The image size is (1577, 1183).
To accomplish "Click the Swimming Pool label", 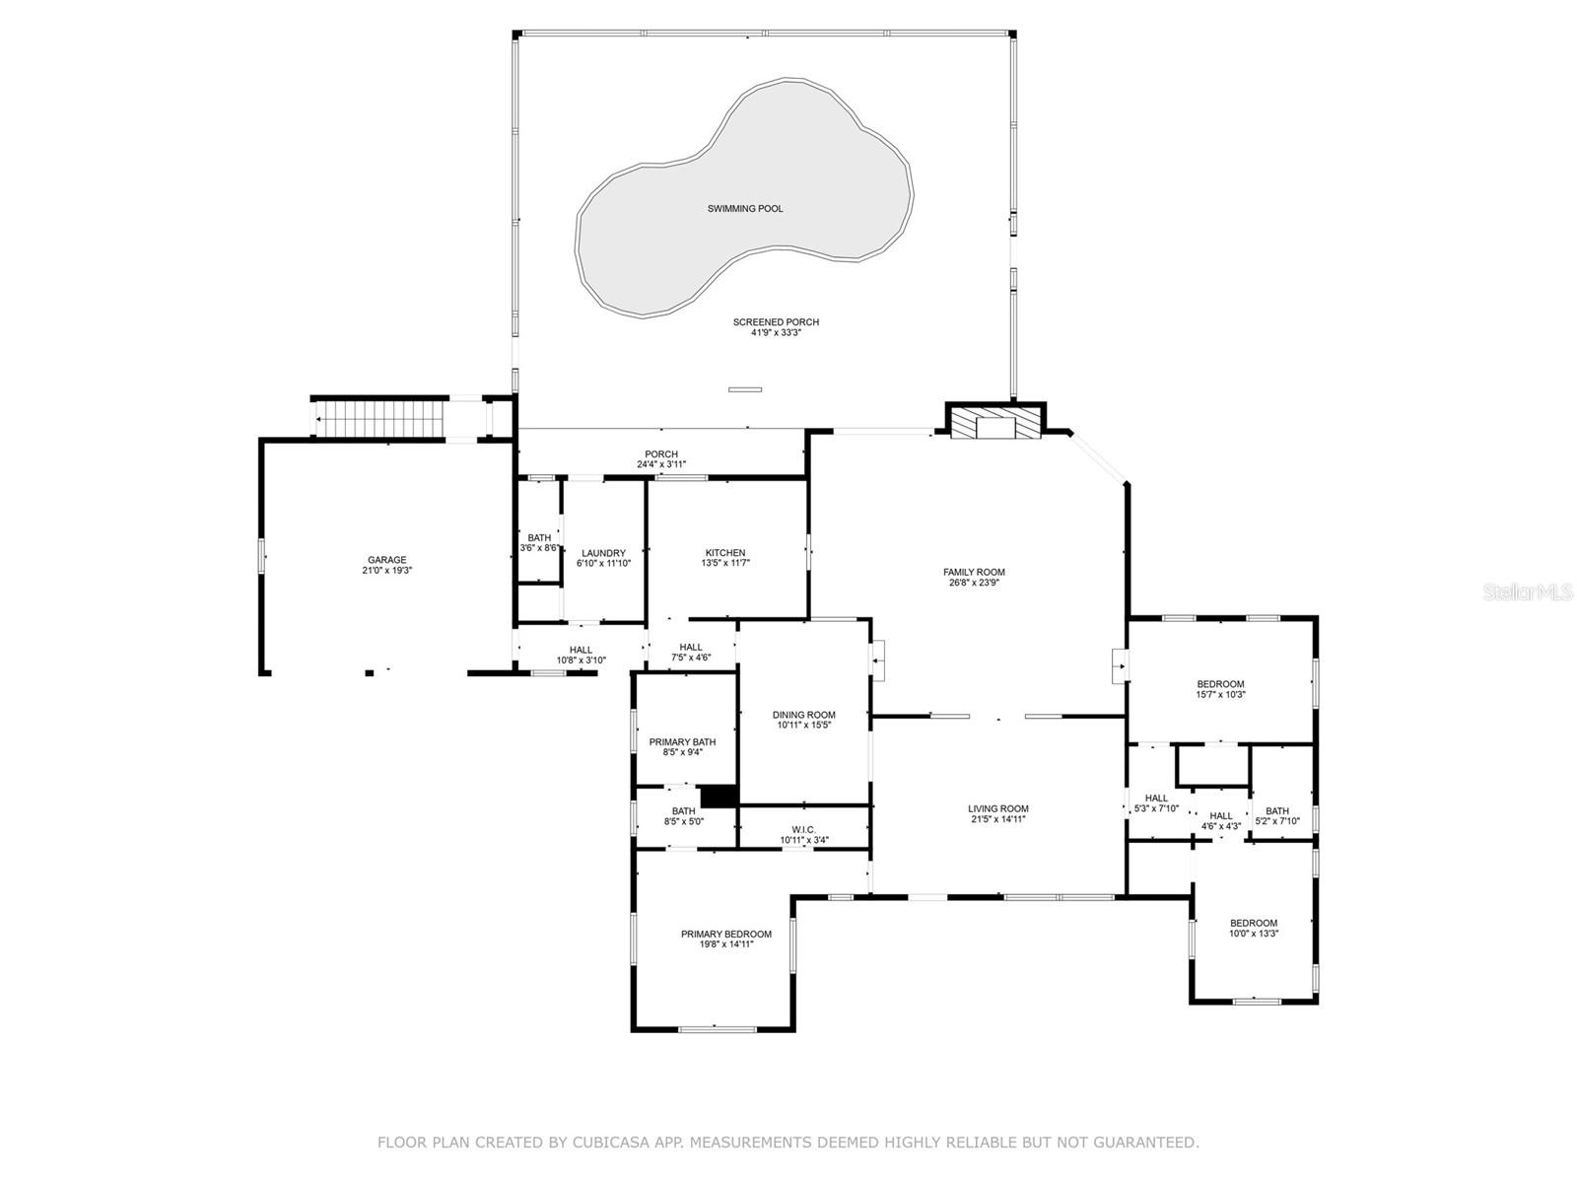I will click(x=745, y=209).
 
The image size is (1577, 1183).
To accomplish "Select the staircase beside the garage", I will click(x=386, y=418).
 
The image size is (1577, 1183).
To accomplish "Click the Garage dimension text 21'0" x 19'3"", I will click(x=386, y=571).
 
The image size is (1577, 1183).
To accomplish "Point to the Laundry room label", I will click(x=603, y=553).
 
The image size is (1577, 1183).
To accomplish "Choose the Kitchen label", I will click(x=725, y=553).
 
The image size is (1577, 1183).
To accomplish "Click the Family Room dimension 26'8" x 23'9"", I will click(x=974, y=583).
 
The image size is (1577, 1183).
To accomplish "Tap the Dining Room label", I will click(x=804, y=715).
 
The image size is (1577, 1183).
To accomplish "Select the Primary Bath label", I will click(x=682, y=741).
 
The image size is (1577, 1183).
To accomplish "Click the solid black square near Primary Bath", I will click(x=719, y=796).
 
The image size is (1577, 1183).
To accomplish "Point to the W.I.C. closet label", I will click(x=804, y=830).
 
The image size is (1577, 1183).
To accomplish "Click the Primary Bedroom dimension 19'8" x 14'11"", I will click(x=726, y=944).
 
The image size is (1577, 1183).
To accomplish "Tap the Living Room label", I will click(x=998, y=808).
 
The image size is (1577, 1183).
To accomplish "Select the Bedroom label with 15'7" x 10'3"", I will click(x=1220, y=683).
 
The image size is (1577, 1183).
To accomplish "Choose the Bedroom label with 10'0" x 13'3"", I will click(x=1254, y=923).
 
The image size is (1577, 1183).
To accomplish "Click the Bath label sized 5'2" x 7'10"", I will click(x=1277, y=811).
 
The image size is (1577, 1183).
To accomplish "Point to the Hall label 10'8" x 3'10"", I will click(x=581, y=650).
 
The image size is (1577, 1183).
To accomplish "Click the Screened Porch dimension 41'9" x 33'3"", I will click(x=776, y=333).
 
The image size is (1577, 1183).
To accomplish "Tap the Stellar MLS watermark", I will click(x=1529, y=592).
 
